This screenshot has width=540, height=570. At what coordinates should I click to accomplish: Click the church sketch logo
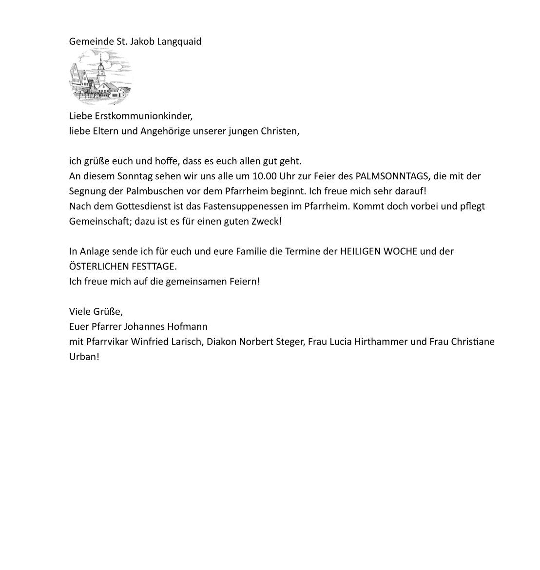click(100, 77)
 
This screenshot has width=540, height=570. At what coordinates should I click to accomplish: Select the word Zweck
click(270, 221)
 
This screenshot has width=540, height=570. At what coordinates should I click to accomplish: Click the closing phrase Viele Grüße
click(96, 311)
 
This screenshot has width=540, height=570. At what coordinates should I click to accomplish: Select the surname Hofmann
click(188, 326)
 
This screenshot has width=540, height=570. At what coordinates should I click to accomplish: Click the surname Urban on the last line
click(83, 357)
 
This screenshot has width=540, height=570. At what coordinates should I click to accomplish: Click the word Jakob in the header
click(142, 41)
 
